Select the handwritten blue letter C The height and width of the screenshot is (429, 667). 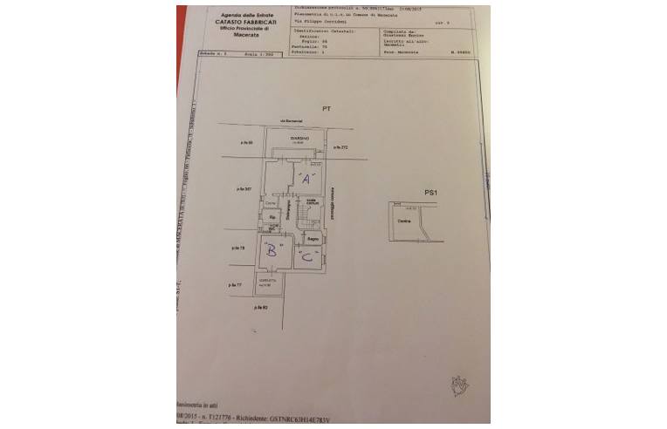click(x=306, y=255)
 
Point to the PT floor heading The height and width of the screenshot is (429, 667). click(x=325, y=109)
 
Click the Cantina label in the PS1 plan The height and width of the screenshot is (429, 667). click(x=403, y=221)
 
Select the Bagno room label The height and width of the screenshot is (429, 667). click(x=312, y=237)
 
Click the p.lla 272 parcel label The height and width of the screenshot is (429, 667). click(x=340, y=148)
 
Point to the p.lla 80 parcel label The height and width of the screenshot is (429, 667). click(x=261, y=308)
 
